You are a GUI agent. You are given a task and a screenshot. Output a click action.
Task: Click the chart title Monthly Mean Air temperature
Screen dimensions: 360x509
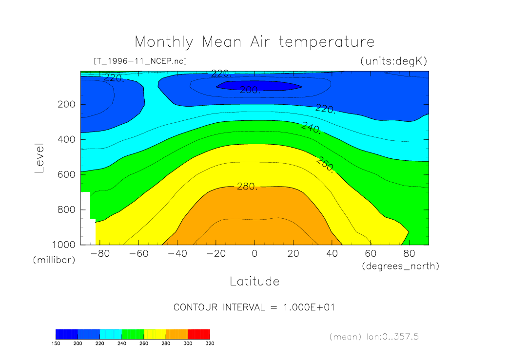point(254,42)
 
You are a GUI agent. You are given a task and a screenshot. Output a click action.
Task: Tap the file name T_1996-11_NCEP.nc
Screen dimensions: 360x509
point(139,61)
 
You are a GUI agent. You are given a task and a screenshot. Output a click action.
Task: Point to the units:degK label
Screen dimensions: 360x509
point(393,61)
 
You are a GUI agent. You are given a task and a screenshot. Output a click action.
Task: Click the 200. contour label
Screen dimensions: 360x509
point(250,90)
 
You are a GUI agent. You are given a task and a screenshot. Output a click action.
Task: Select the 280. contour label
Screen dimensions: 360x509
point(247,186)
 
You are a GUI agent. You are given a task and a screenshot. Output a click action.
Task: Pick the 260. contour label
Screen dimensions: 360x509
point(326,165)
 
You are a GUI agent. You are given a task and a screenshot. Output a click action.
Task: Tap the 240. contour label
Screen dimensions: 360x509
point(311,128)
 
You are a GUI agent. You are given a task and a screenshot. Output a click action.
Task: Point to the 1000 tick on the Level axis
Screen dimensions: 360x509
point(64,245)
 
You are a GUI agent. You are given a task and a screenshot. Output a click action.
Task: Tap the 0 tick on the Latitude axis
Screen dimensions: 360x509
point(254,254)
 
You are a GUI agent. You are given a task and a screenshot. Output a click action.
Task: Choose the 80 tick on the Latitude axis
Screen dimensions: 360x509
point(410,254)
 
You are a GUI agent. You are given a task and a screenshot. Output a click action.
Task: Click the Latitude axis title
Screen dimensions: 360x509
point(254,281)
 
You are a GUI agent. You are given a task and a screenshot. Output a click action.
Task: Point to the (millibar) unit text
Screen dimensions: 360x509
point(54,260)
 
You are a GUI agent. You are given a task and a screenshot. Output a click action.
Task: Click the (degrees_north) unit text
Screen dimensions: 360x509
point(400,266)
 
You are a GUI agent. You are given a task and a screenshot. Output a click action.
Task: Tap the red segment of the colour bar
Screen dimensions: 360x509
point(199,334)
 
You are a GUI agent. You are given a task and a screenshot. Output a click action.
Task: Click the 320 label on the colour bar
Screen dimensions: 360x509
point(210,343)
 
